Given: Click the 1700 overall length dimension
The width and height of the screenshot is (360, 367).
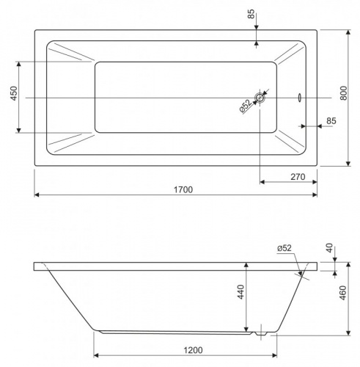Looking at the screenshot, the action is click(183, 189).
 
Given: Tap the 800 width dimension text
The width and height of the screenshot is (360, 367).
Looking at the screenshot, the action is click(344, 93).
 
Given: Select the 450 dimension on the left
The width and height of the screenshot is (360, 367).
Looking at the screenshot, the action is click(14, 93).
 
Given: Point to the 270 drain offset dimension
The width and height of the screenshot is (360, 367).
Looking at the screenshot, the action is click(298, 177).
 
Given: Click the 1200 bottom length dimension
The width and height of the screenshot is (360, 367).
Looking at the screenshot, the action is click(193, 350).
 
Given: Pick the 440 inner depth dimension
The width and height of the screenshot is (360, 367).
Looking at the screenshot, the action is click(240, 291).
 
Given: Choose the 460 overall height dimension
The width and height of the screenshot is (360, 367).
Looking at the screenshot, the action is click(343, 293).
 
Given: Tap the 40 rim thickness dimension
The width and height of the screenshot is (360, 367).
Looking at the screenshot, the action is click(329, 248).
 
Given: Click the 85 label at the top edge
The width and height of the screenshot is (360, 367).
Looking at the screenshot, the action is click(251, 14).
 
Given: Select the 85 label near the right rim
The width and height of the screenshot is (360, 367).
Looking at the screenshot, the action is click(331, 121).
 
